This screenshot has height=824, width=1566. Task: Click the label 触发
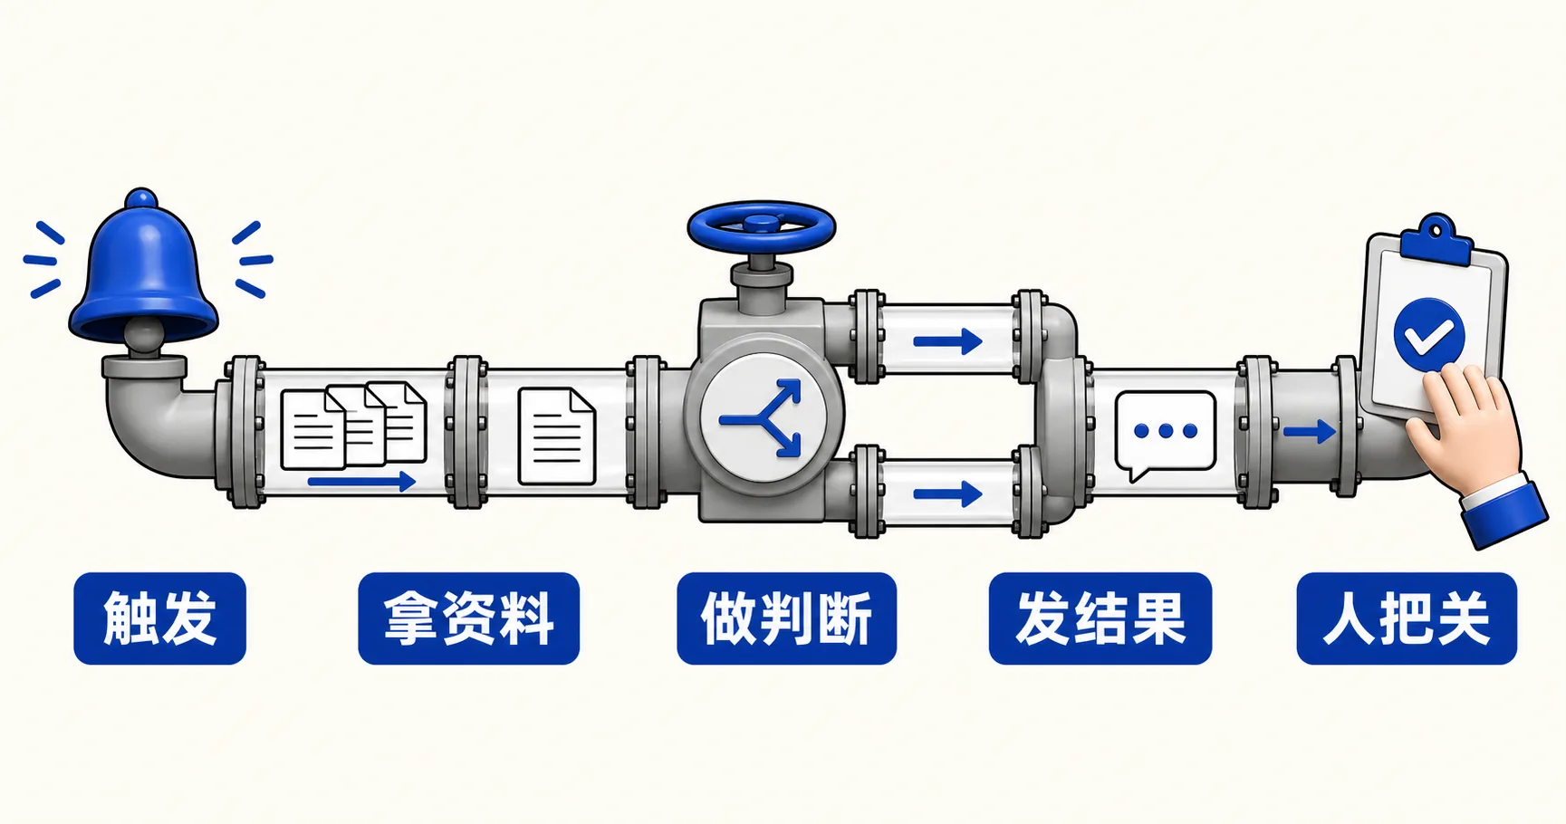[159, 618]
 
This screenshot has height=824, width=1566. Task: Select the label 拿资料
[468, 618]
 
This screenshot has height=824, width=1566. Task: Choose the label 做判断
[786, 618]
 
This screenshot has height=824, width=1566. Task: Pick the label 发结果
[1100, 618]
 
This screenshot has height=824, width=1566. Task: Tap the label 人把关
[1407, 618]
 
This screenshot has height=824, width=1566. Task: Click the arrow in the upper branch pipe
[947, 341]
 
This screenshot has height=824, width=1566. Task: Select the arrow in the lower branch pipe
[947, 494]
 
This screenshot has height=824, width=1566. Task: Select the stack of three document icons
[353, 426]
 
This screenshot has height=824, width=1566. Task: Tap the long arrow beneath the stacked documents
[361, 481]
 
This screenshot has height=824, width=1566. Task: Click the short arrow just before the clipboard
[1309, 431]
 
